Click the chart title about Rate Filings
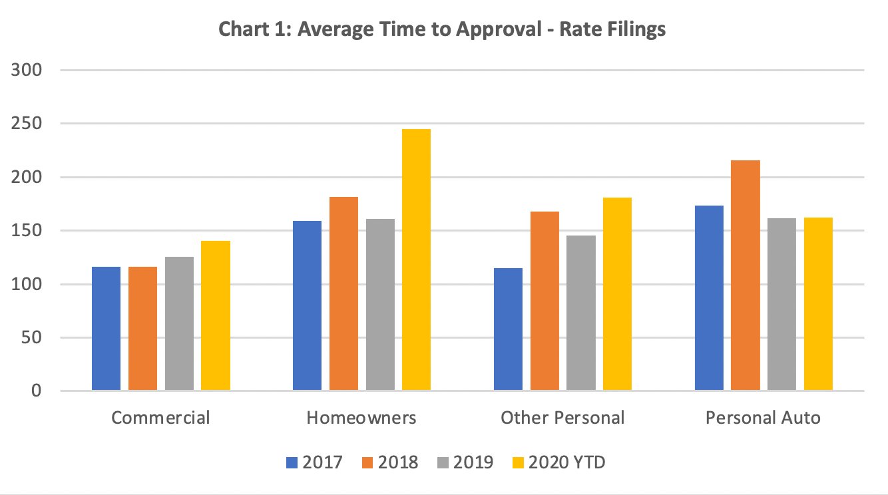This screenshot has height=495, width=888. point(443,30)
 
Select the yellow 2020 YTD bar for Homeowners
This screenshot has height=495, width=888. point(416,259)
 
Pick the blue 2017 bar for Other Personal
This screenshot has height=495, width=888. point(508,329)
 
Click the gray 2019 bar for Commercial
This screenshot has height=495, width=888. point(180,323)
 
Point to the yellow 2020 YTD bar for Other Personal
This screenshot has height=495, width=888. point(617,293)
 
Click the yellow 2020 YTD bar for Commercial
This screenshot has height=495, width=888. point(216,315)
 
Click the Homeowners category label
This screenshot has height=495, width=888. point(361,418)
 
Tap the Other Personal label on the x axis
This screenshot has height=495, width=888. point(562,418)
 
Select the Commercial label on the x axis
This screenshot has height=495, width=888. point(160,418)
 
